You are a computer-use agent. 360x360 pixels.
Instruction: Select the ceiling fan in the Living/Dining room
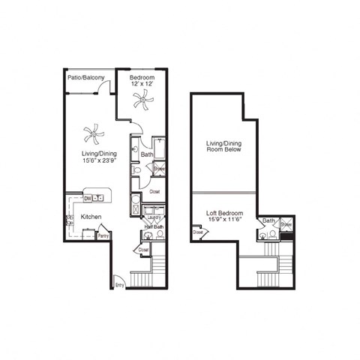coord(94,135)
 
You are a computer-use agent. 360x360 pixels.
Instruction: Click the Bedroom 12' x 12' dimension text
coord(142,85)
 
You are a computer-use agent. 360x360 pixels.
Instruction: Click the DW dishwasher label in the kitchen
coord(88,198)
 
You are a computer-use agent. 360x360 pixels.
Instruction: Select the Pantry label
coord(103,235)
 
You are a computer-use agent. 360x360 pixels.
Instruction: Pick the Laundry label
coord(155,218)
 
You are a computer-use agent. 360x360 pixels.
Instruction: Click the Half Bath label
coord(154,227)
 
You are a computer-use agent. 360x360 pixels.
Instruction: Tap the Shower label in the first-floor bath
coord(160,169)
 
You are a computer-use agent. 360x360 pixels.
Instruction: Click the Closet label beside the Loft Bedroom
coord(198,232)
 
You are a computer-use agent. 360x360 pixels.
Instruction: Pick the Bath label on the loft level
coord(268,221)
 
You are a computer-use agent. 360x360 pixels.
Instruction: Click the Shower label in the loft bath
coord(286,224)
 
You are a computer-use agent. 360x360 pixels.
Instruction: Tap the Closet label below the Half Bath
coord(143,249)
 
